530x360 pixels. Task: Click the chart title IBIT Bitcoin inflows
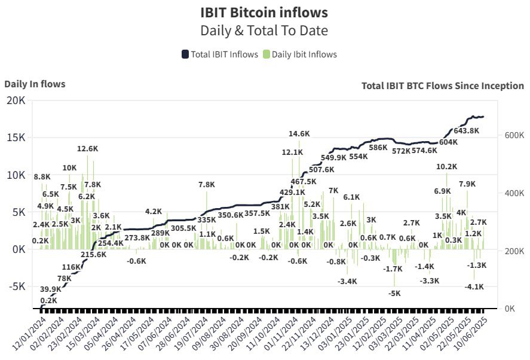pyautogui.click(x=264, y=12)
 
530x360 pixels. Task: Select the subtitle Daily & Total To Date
pyautogui.click(x=264, y=30)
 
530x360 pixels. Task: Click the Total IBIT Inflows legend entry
pyautogui.click(x=219, y=54)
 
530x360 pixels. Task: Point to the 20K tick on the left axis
pyautogui.click(x=15, y=100)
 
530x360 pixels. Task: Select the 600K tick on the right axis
pyautogui.click(x=509, y=136)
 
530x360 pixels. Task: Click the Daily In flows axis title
pyautogui.click(x=35, y=84)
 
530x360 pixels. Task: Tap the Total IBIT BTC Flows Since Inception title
pyautogui.click(x=442, y=86)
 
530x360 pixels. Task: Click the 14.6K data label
pyautogui.click(x=299, y=134)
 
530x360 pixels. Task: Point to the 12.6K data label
pyautogui.click(x=87, y=148)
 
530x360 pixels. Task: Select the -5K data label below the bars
pyautogui.click(x=394, y=294)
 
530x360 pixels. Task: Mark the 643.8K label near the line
pyautogui.click(x=467, y=131)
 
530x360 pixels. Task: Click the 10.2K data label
pyautogui.click(x=446, y=167)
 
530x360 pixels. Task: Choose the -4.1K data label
pyautogui.click(x=475, y=287)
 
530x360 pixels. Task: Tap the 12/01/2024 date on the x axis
pyautogui.click(x=28, y=336)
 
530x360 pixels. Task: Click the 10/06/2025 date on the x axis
pyautogui.click(x=470, y=336)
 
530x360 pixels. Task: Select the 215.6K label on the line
pyautogui.click(x=94, y=254)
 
